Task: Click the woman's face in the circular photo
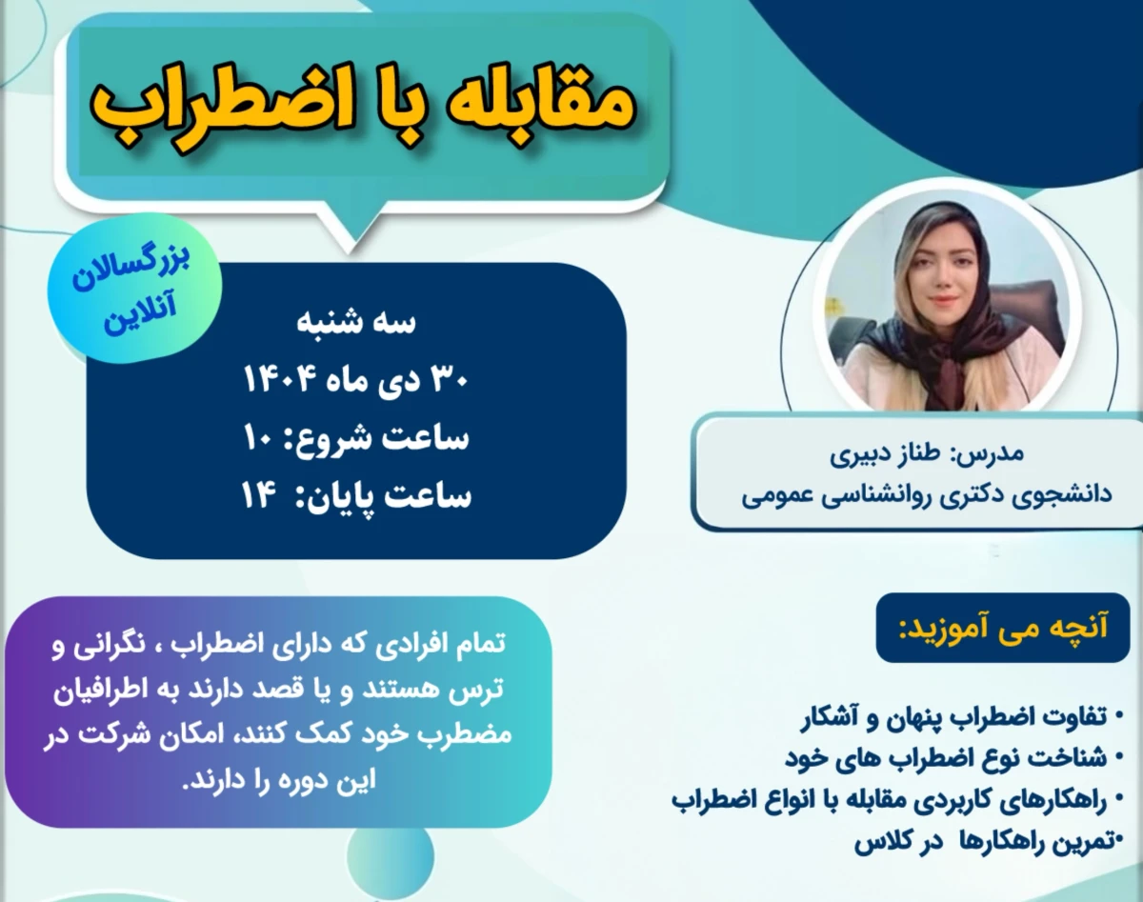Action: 938,276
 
